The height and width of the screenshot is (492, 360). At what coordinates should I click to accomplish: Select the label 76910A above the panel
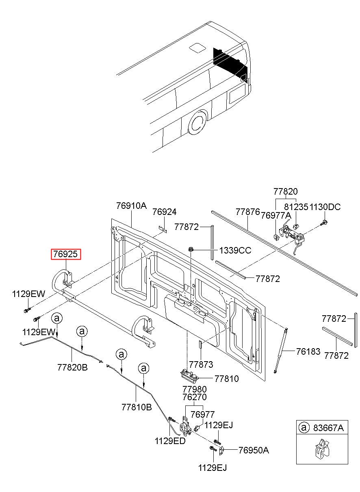131,206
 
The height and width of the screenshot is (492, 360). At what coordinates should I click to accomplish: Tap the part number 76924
164,212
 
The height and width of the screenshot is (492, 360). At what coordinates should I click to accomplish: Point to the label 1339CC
236,250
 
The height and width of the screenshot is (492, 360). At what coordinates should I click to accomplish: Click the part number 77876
247,212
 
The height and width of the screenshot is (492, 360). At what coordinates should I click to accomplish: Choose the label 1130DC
325,207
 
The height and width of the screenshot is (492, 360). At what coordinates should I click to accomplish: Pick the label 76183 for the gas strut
308,351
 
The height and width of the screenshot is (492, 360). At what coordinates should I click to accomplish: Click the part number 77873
201,365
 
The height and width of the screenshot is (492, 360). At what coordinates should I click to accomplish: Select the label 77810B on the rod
136,406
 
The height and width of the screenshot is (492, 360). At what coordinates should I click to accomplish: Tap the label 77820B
72,367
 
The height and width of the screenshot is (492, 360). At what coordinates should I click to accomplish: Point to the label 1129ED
170,441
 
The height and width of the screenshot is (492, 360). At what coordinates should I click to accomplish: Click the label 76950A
254,450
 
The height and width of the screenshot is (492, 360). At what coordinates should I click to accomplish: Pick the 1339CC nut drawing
190,249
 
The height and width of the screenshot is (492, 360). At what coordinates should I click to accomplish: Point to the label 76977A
276,215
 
